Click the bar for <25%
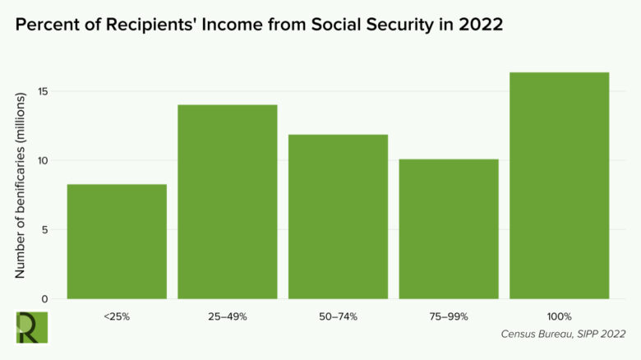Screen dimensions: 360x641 point(117,241)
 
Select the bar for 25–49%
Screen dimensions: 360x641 point(228,201)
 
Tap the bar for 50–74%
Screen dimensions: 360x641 point(338,216)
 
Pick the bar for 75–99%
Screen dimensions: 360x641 point(449,228)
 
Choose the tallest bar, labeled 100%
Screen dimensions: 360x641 point(560,185)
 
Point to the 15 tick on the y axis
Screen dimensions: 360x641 point(44,91)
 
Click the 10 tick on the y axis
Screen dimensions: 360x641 point(44,160)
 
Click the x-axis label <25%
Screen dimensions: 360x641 point(117,316)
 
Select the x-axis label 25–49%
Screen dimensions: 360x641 point(228,316)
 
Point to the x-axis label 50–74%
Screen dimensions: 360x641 point(338,316)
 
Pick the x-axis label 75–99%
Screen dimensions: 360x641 point(449,316)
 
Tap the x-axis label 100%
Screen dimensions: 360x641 point(560,316)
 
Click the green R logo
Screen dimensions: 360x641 point(32,327)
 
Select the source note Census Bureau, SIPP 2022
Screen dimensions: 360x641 point(563,334)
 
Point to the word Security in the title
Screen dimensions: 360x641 point(388,25)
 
